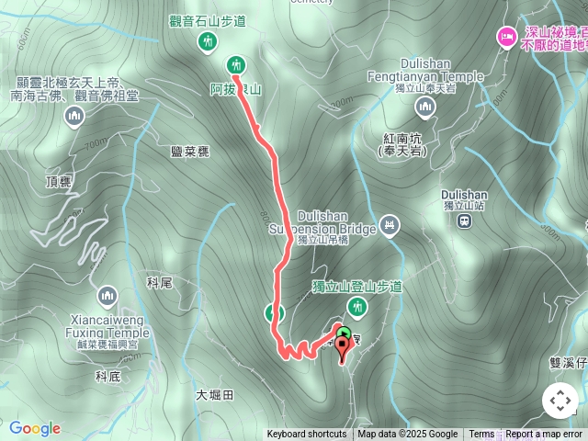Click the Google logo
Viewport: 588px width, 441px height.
coord(35,428)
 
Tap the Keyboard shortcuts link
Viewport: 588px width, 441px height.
coord(307,435)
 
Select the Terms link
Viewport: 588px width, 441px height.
coord(481,435)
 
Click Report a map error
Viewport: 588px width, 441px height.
coord(544,435)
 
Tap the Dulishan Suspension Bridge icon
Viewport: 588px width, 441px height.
coord(390,225)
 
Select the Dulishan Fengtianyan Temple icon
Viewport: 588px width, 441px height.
coord(424,108)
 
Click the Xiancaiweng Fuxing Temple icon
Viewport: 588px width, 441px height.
coord(107,297)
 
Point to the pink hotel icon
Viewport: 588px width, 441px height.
coord(506,38)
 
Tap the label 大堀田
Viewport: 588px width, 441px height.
coord(215,394)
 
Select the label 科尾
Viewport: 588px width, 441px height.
coord(159,283)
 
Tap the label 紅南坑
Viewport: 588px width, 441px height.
coord(401,137)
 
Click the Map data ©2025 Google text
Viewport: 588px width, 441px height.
coord(407,435)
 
